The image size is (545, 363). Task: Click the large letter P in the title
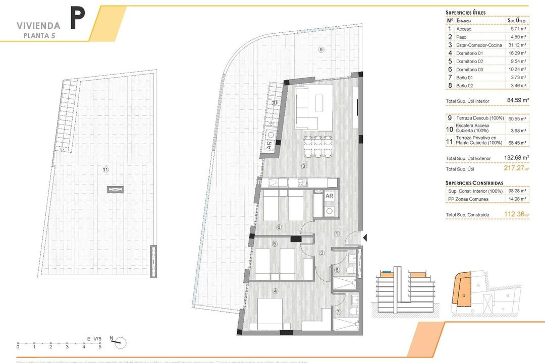(77, 19)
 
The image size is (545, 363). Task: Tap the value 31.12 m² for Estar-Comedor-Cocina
(517, 45)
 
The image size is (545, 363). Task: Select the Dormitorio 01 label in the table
(469, 53)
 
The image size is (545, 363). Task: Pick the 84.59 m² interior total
(518, 101)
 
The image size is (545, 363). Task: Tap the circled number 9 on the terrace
(320, 49)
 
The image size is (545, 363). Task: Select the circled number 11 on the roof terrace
(105, 169)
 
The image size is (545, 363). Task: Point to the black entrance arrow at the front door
(366, 237)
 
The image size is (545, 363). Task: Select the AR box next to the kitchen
(329, 196)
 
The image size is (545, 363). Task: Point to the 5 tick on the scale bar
(100, 347)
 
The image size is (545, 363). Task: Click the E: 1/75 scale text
(94, 339)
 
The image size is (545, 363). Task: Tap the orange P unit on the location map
(463, 296)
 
